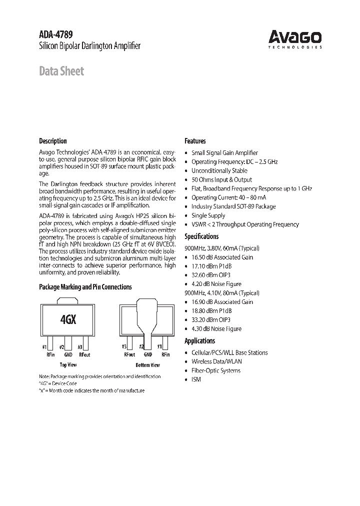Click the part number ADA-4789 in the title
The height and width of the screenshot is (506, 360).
pyautogui.click(x=56, y=35)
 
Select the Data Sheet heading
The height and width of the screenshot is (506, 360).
pyautogui.click(x=61, y=71)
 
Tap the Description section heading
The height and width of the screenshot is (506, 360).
pyautogui.click(x=53, y=141)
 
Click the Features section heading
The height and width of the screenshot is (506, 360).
pyautogui.click(x=195, y=141)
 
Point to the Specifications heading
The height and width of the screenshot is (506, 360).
pyautogui.click(x=201, y=236)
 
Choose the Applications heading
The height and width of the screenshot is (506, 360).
pyautogui.click(x=199, y=340)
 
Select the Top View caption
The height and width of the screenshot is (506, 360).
pyautogui.click(x=67, y=364)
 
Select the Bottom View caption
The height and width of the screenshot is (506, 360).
pyautogui.click(x=147, y=364)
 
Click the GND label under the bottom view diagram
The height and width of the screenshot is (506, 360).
pyautogui.click(x=147, y=354)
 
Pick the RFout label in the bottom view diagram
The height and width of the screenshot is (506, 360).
pyautogui.click(x=129, y=354)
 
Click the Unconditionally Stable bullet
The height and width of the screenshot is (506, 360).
pyautogui.click(x=219, y=170)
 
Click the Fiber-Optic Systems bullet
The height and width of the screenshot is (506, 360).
pyautogui.click(x=215, y=370)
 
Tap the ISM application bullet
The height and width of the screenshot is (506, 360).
pyautogui.click(x=196, y=379)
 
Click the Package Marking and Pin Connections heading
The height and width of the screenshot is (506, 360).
pyautogui.click(x=85, y=287)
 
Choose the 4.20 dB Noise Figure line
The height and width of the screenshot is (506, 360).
pyautogui.click(x=216, y=284)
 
